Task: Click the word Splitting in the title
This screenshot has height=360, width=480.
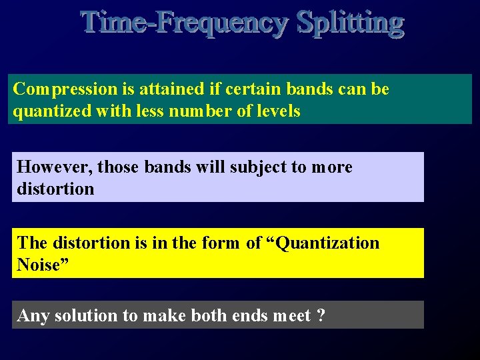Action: (x=351, y=23)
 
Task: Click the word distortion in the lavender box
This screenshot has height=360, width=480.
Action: (x=55, y=189)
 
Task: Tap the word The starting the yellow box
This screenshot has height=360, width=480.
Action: (x=32, y=243)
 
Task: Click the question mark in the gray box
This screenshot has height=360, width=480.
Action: (x=321, y=315)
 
